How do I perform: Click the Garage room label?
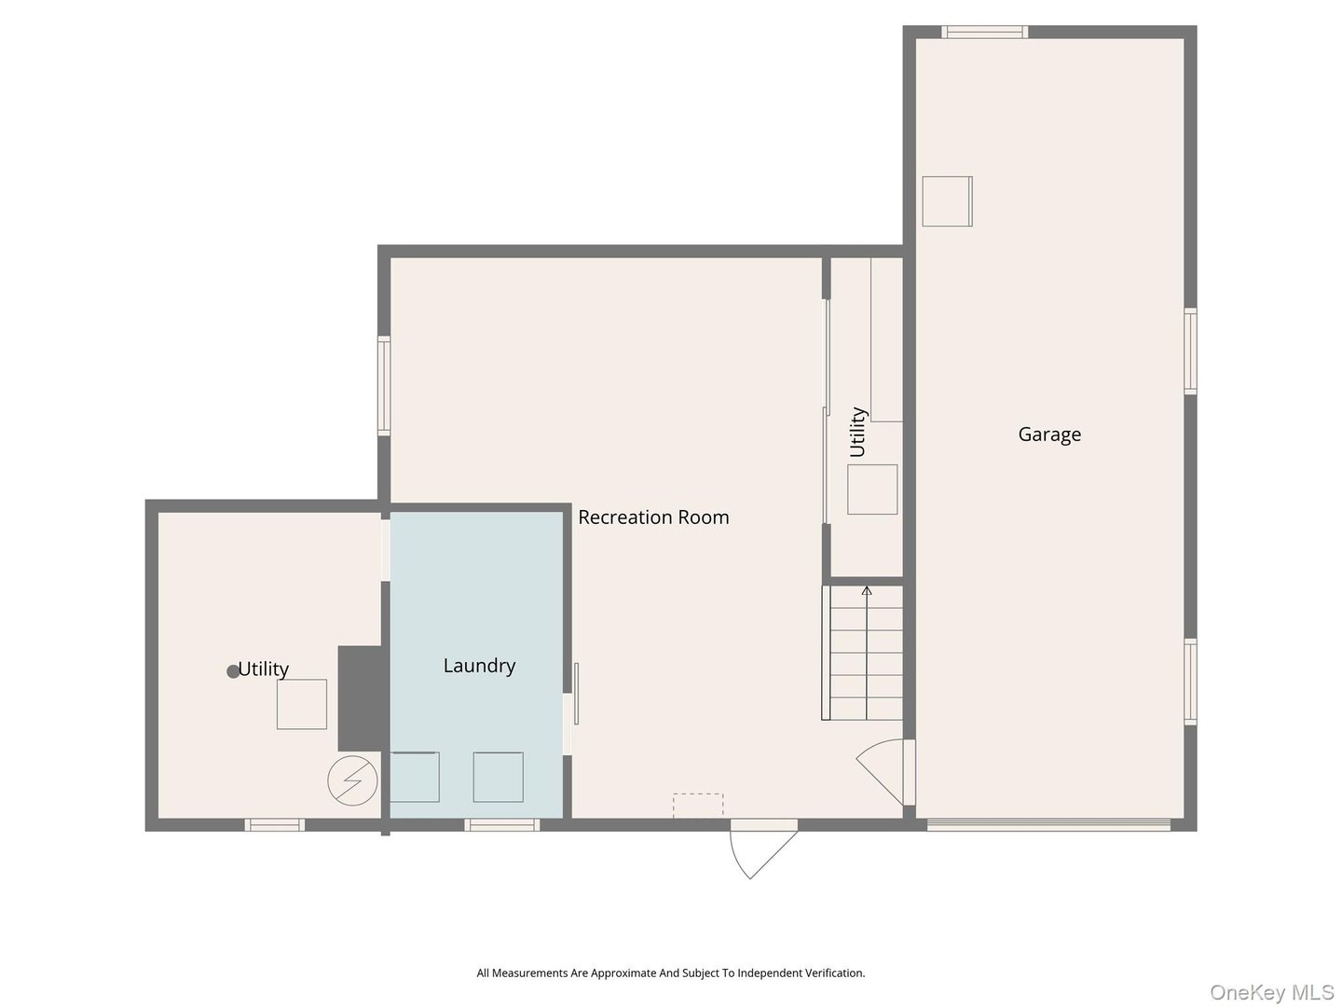coord(1049,435)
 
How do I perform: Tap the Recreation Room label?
coord(653,517)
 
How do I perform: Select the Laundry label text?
coord(479,666)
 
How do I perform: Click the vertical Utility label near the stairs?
coord(857,432)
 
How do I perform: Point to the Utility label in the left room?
coord(264,669)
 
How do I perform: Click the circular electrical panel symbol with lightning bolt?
coord(352,779)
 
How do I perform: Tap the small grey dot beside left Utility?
coord(233,671)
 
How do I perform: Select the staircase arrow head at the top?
coord(867,590)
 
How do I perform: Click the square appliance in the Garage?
coord(947,200)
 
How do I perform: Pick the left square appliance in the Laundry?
coord(414,777)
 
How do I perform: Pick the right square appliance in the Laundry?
coord(498,777)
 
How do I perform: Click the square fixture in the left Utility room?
coord(302,704)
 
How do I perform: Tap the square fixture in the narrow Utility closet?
coord(872,490)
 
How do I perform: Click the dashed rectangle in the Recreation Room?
coord(698,806)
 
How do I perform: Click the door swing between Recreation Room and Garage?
coord(883,769)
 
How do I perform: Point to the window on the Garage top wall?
coord(984,33)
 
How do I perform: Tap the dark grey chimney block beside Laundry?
coord(361,698)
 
